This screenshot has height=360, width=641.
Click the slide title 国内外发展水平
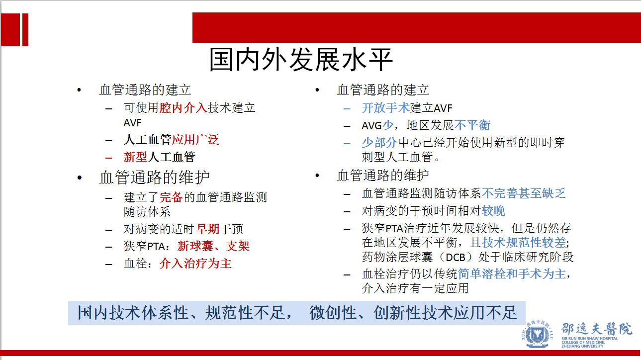pyautogui.click(x=301, y=60)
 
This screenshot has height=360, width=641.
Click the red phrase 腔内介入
pyautogui.click(x=183, y=108)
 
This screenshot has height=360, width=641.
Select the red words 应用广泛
pyautogui.click(x=195, y=140)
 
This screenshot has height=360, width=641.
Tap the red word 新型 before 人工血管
pyautogui.click(x=135, y=157)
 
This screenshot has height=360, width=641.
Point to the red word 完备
pyautogui.click(x=171, y=197)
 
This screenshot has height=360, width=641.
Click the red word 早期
pyautogui.click(x=208, y=229)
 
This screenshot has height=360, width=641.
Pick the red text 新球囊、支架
pyautogui.click(x=213, y=246)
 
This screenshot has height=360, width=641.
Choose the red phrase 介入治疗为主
pyautogui.click(x=195, y=263)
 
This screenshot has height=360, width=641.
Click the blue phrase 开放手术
pyautogui.click(x=385, y=108)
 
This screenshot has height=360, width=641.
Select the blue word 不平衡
pyautogui.click(x=472, y=125)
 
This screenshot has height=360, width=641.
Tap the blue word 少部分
pyautogui.click(x=379, y=142)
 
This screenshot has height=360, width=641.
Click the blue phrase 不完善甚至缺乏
pyautogui.click(x=524, y=193)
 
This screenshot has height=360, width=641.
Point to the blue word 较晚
pyautogui.click(x=494, y=211)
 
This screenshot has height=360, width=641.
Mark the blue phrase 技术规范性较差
pyautogui.click(x=524, y=242)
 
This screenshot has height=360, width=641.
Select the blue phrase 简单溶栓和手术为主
pyautogui.click(x=512, y=274)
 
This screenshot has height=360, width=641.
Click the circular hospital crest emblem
pyautogui.click(x=538, y=334)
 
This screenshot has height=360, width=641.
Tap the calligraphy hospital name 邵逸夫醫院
pyautogui.click(x=596, y=329)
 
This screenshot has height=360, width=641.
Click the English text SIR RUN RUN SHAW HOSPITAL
pyautogui.click(x=589, y=339)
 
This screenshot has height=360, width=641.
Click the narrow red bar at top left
pyautogui.click(x=25, y=29)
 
